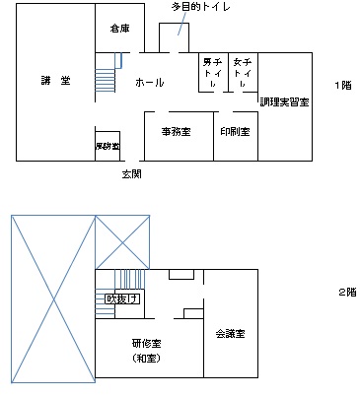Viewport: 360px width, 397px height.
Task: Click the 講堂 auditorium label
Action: coord(55,80)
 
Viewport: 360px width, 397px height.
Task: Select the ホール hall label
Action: coord(149,83)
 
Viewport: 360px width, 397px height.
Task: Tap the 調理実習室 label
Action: coord(285,102)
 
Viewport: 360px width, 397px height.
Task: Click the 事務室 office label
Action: coord(176,130)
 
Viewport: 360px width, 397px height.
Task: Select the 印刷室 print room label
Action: coord(235,130)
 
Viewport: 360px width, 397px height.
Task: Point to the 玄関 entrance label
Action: coord(131,173)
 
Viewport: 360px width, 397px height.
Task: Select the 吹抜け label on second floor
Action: coord(121,298)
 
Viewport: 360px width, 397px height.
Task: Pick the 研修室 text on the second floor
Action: coord(146,343)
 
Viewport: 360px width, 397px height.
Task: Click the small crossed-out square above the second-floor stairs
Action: coord(122,241)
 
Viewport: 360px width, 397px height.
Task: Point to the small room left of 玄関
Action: coord(107,145)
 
